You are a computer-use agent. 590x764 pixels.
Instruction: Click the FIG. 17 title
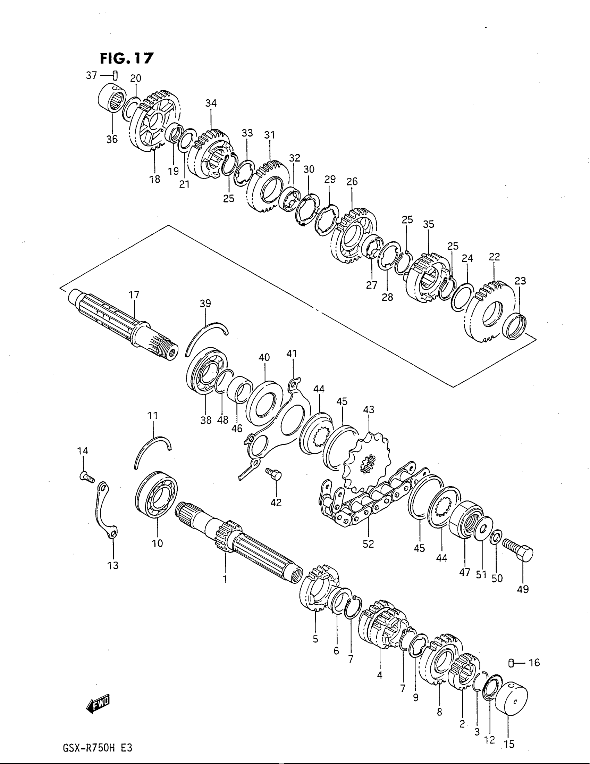127,58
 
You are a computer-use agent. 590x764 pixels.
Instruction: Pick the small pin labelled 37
116,75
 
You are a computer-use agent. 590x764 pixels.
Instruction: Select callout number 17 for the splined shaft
134,294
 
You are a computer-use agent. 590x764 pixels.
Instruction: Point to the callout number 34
211,103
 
